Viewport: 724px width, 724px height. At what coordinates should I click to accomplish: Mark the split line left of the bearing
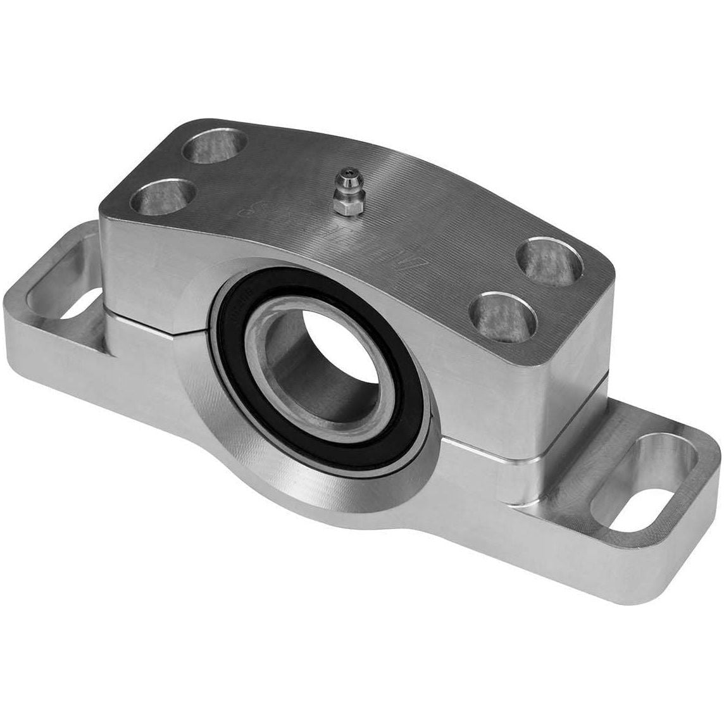(158, 313)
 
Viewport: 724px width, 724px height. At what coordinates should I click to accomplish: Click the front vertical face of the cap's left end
(152, 266)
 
